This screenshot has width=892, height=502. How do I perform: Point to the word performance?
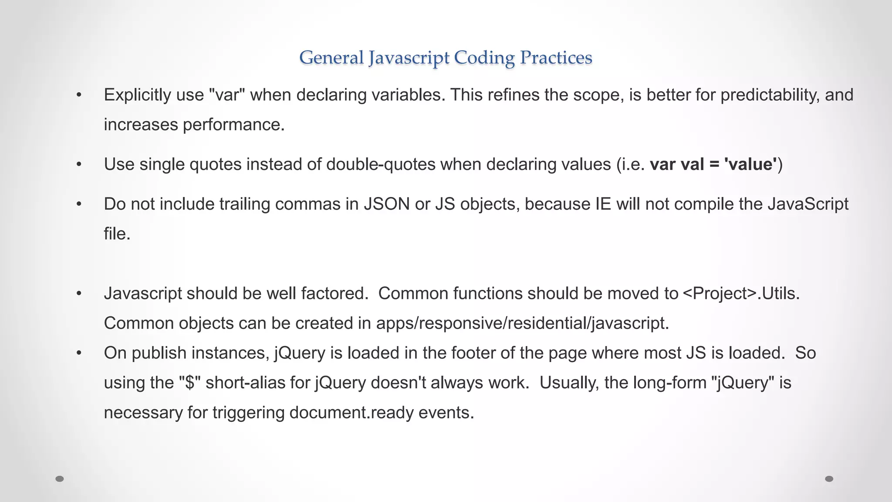(x=233, y=125)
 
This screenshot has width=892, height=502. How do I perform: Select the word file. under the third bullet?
(x=117, y=234)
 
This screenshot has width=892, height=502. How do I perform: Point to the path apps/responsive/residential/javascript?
(x=522, y=323)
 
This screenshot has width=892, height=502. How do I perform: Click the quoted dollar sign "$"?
(x=189, y=383)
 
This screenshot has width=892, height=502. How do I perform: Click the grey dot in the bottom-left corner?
(x=60, y=479)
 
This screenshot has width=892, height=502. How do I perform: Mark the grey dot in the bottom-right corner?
(x=829, y=479)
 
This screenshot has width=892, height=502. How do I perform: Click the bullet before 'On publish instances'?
(x=79, y=353)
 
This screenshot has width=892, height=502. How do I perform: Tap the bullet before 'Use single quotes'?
(x=79, y=164)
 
